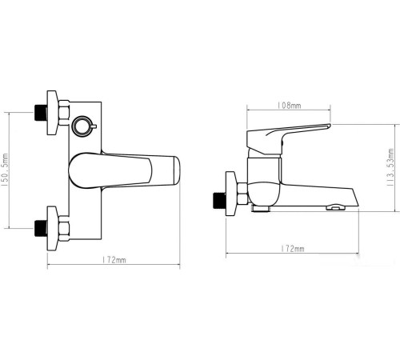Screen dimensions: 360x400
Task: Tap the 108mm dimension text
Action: click(289, 106)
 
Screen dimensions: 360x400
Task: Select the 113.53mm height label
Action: click(391, 169)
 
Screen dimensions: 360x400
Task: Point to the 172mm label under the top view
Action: click(116, 260)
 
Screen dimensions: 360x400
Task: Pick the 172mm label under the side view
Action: click(293, 250)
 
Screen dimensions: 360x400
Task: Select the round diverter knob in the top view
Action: click(82, 126)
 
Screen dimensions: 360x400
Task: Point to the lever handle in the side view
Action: click(288, 134)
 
